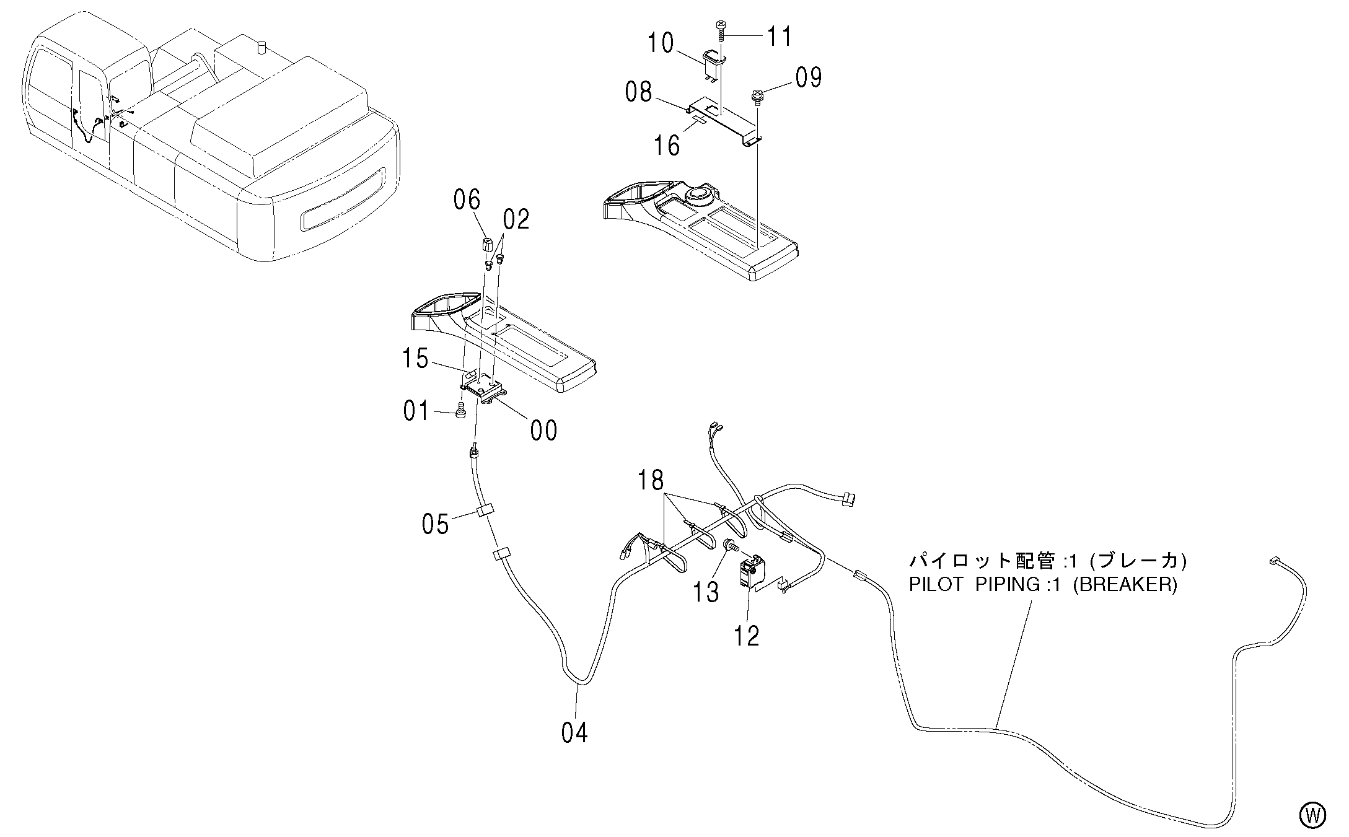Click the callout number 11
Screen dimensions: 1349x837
(780, 37)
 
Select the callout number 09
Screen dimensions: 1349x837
(808, 78)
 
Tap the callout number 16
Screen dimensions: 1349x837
(667, 145)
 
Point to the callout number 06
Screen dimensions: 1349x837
(467, 200)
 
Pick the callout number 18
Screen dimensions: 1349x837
(651, 480)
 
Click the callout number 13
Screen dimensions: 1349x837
(706, 592)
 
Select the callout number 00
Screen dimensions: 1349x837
(543, 431)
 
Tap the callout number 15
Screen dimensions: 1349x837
(415, 359)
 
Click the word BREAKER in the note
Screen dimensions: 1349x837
(1124, 585)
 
